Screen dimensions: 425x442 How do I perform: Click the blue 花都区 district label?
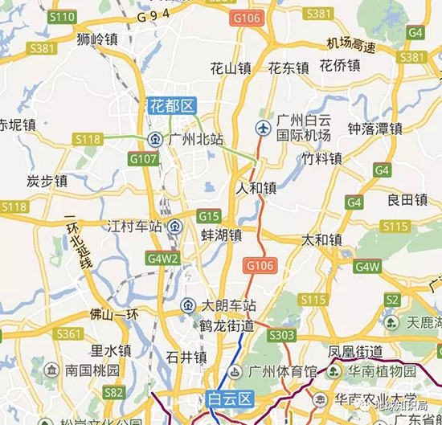171,105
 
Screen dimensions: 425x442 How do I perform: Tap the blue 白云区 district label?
230,398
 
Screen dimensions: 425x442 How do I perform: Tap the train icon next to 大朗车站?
186,305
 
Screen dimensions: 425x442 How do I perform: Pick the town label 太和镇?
321,239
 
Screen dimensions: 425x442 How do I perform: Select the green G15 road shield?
209,215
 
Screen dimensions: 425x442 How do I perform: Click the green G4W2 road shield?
162,259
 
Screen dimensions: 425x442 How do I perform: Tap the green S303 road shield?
282,334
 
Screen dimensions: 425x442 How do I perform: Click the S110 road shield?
62,17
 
